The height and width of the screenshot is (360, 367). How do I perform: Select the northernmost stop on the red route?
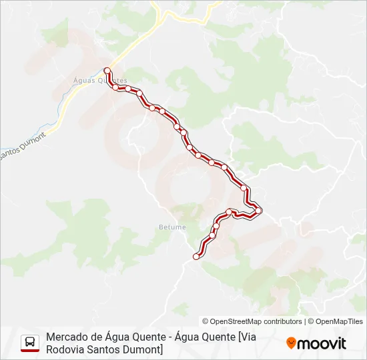[107, 70]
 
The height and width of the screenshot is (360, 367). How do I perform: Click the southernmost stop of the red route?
[196, 257]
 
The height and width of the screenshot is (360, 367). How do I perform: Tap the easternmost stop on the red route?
[259, 211]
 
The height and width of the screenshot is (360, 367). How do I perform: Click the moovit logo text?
[322, 343]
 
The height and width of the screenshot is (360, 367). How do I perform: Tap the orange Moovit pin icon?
[291, 343]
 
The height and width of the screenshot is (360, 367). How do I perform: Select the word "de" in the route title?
[97, 337]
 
